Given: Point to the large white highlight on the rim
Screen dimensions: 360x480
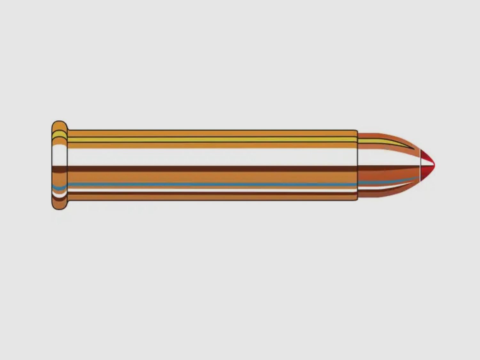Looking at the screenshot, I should click(59, 155).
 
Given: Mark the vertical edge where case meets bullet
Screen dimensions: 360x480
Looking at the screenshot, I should click(358, 165).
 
